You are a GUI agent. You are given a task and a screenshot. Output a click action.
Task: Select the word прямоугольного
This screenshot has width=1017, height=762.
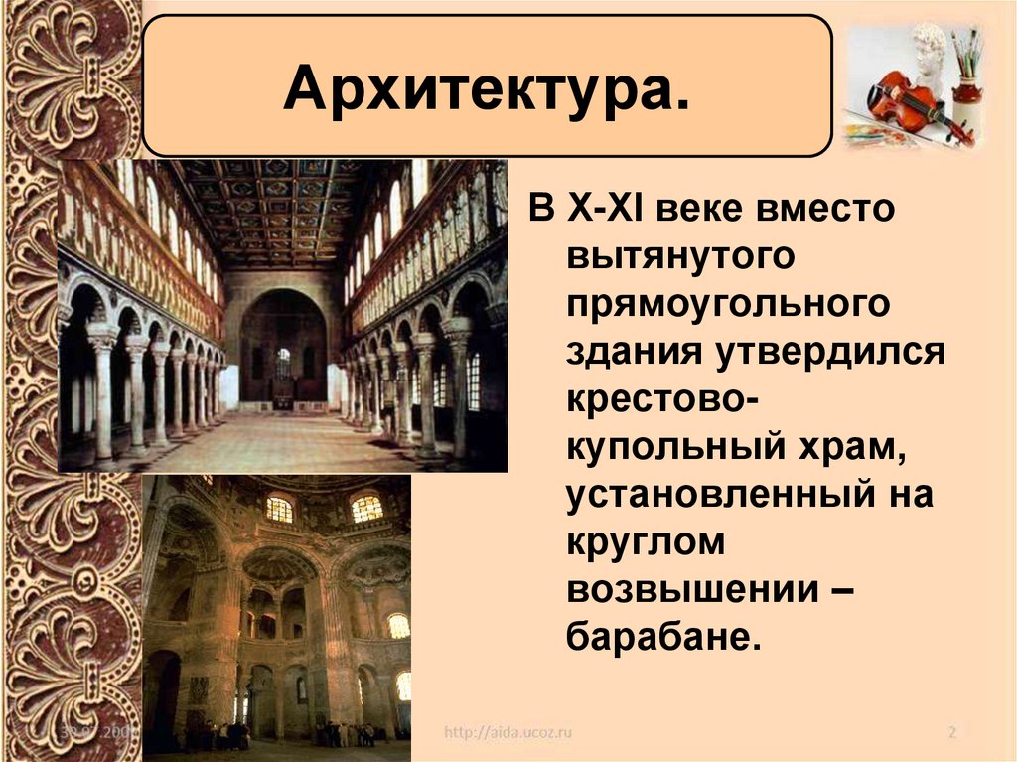tap(729, 302)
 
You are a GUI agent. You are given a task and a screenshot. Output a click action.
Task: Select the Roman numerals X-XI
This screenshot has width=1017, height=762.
tap(603, 209)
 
